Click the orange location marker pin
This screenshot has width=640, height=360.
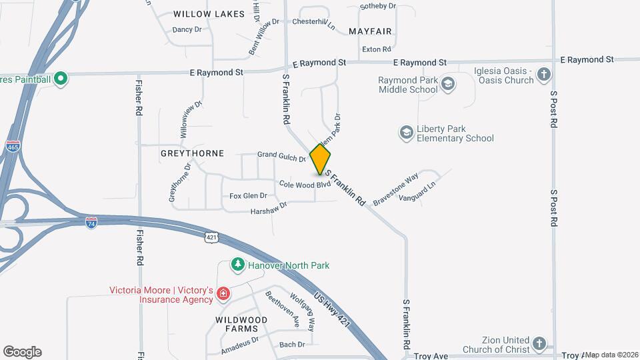tap(321, 159)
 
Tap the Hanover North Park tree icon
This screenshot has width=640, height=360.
tap(237, 265)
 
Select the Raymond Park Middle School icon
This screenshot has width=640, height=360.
tap(447, 84)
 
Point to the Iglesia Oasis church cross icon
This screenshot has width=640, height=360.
tap(544, 75)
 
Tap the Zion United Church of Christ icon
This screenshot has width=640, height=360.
tap(540, 345)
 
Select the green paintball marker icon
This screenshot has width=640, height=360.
tap(61, 80)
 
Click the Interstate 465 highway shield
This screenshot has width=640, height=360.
tap(13, 147)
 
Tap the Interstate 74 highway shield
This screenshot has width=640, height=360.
tap(91, 223)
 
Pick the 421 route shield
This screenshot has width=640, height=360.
tap(211, 237)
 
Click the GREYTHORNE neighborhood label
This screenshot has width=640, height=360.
tap(192, 153)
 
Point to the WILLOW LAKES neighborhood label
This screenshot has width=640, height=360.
tap(201, 14)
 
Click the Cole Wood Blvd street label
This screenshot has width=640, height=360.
tap(305, 184)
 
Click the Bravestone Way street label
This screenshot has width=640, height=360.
tap(395, 189)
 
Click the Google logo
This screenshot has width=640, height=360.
tap(23, 351)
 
